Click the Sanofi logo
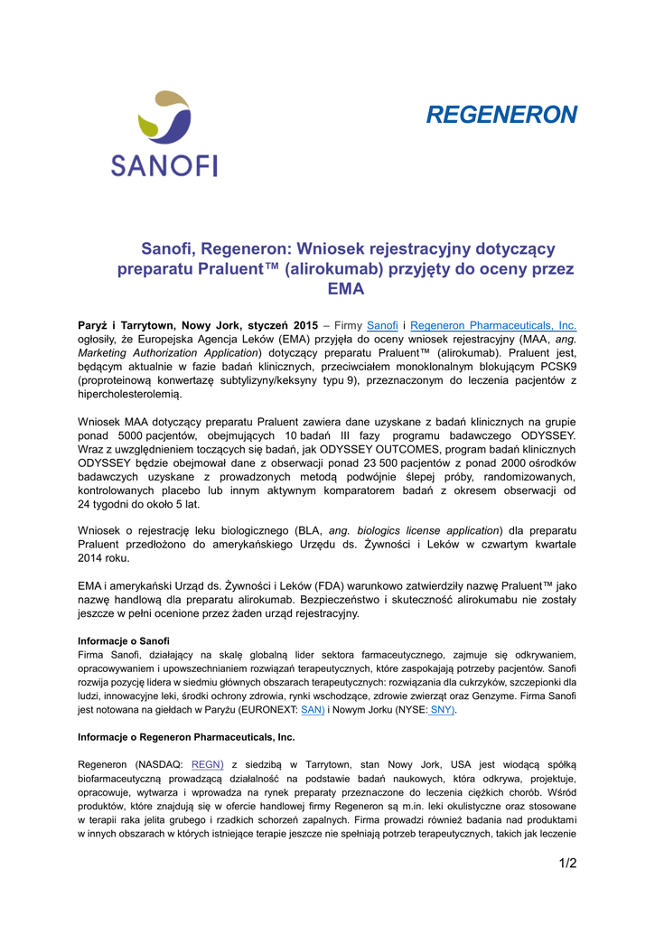164,133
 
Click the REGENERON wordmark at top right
501,115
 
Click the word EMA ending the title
346,290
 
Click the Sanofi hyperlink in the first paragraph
382,325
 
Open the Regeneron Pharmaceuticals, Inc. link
493,325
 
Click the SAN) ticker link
312,710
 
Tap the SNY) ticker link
441,710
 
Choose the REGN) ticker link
207,763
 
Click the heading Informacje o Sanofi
124,640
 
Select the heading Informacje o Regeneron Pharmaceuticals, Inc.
186,737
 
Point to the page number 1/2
567,864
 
